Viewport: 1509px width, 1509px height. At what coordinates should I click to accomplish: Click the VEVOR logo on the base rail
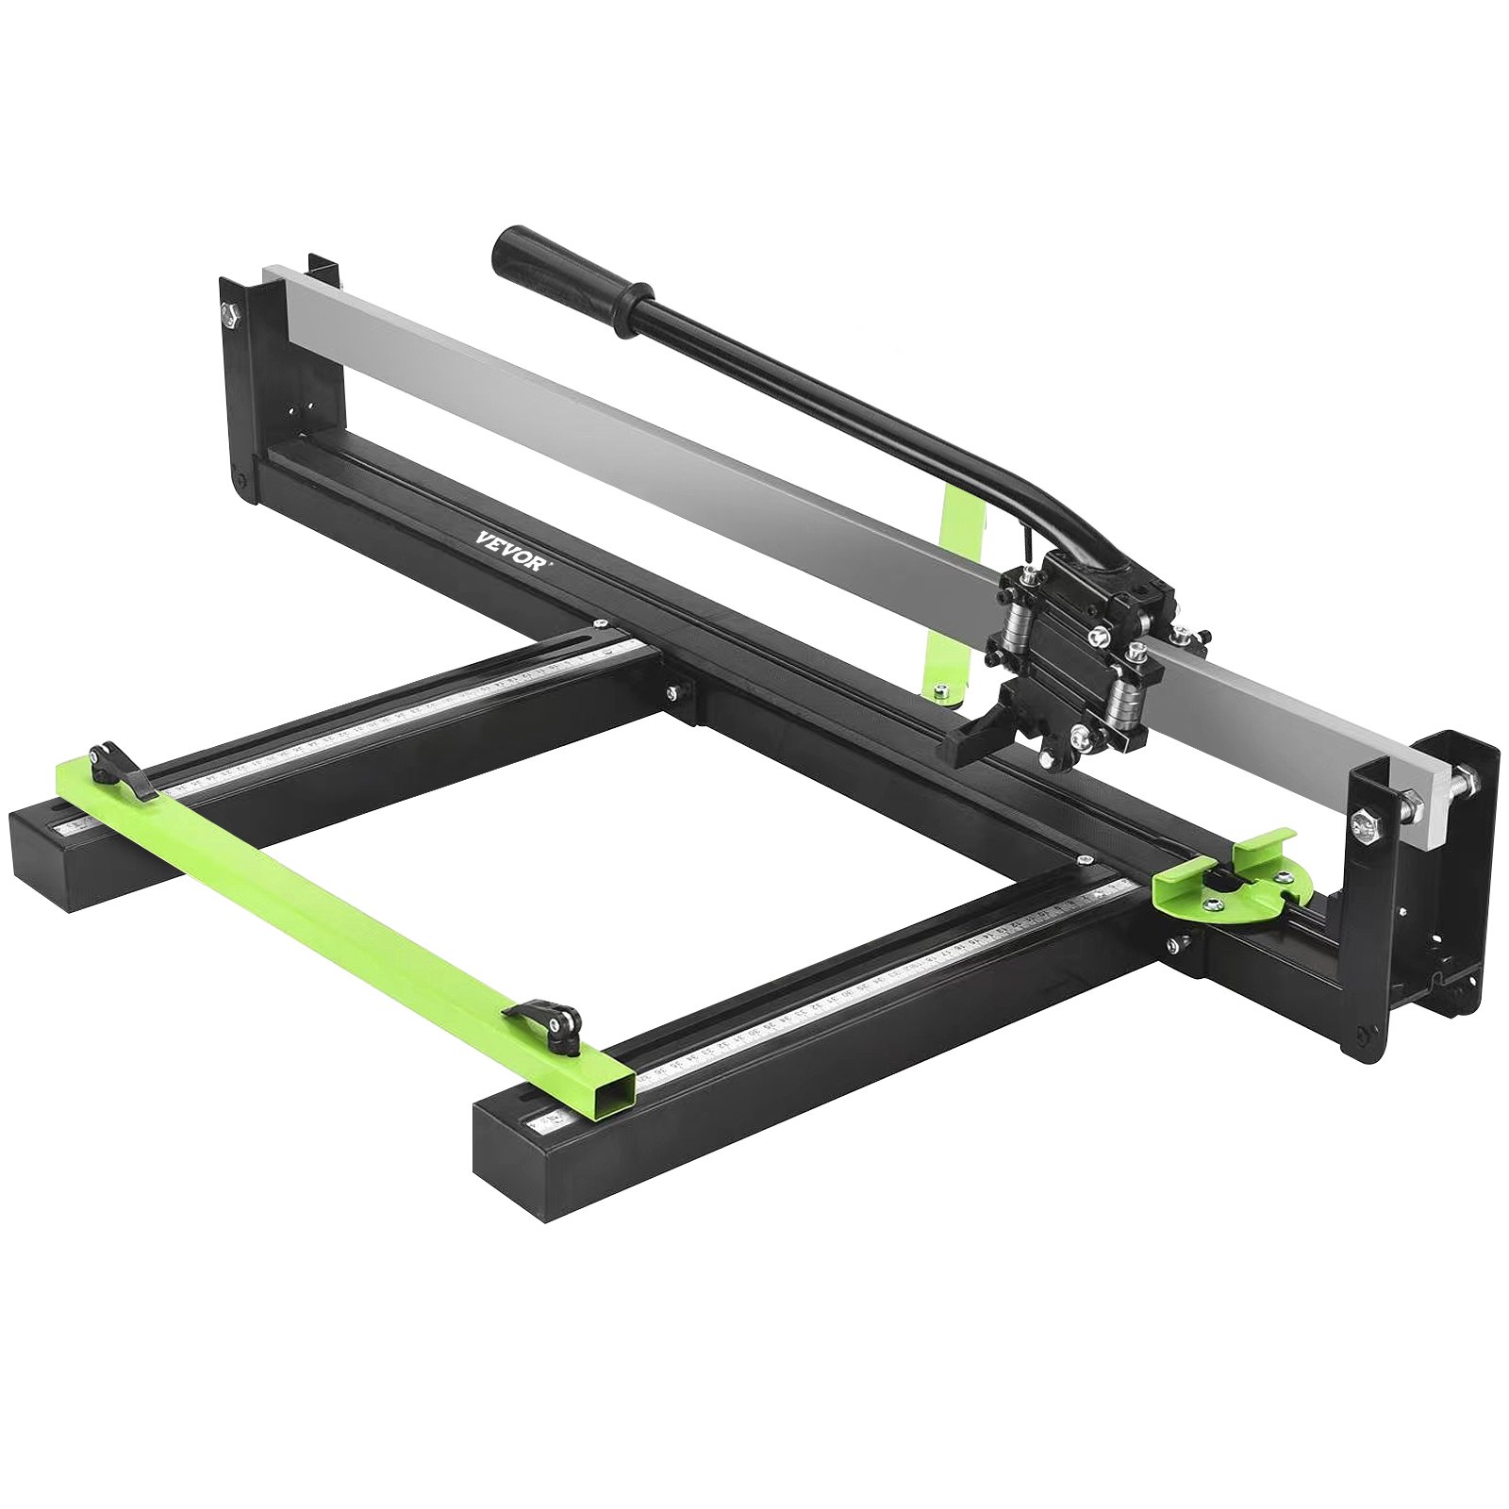(510, 548)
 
